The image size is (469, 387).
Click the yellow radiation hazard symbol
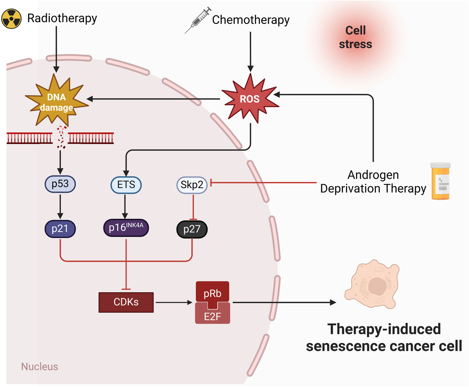[x=11, y=19]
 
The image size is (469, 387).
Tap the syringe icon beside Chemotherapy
[x=198, y=20]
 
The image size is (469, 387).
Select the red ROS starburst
[x=250, y=99]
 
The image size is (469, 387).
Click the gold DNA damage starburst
[x=57, y=100]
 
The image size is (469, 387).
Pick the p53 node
[x=60, y=184]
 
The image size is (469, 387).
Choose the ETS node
[x=126, y=185]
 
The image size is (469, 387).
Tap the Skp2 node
[x=192, y=185]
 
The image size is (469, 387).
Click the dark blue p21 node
[x=60, y=229]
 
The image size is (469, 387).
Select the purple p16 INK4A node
[x=126, y=228]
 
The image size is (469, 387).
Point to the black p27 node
[x=192, y=229]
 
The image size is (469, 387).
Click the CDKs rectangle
[x=126, y=302]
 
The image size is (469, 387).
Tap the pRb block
[x=213, y=293]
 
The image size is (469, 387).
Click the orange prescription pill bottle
[x=440, y=181]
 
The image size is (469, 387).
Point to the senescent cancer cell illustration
[x=372, y=284]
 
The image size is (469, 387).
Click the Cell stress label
[x=355, y=37]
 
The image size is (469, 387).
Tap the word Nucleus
[x=39, y=367]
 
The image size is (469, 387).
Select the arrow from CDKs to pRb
[x=174, y=302]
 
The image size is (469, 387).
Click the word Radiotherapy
[x=62, y=18]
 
